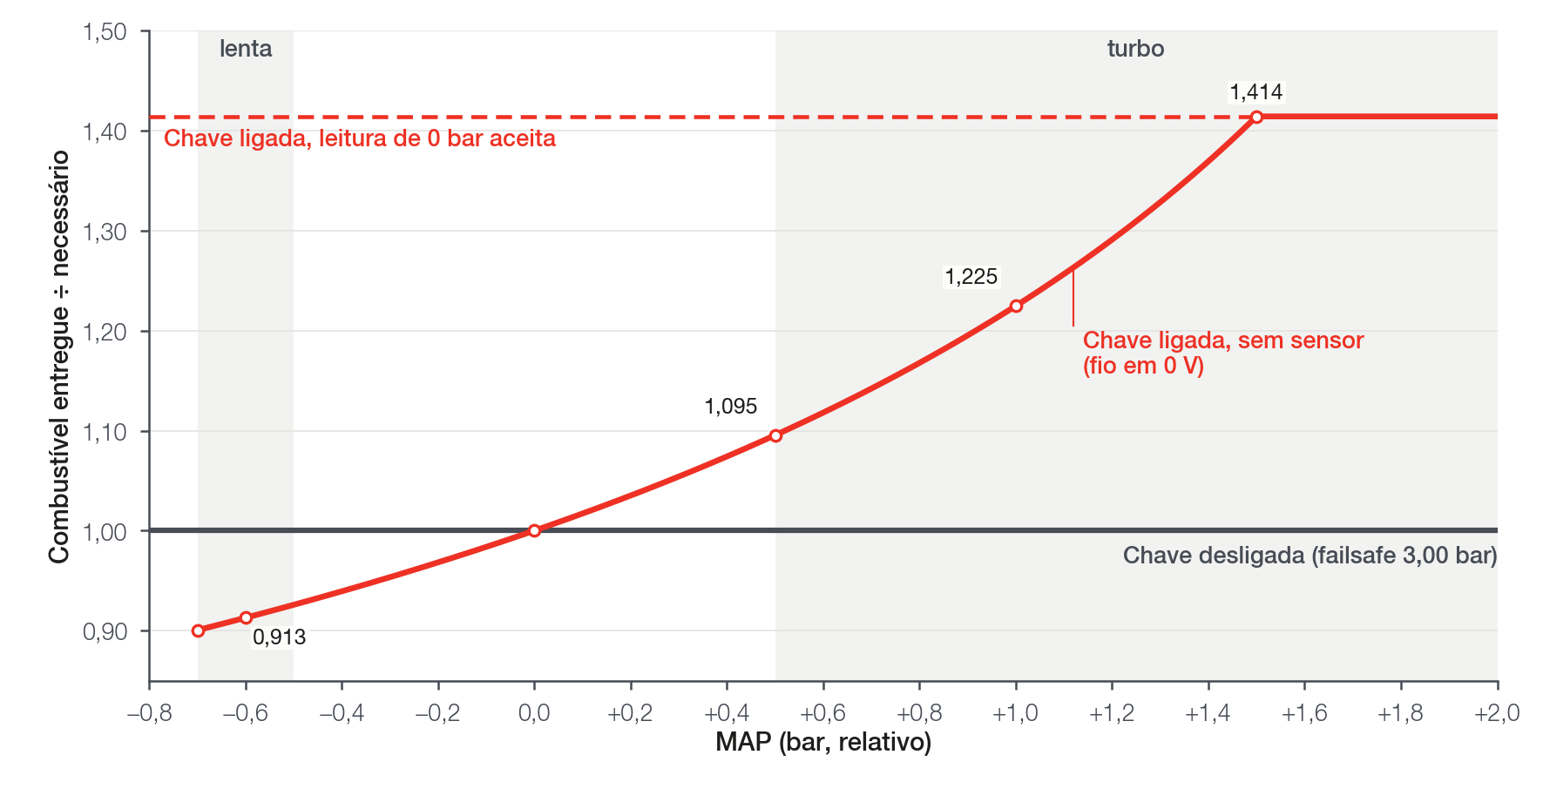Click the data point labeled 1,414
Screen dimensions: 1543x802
tap(1256, 117)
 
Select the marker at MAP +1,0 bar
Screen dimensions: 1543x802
tap(1016, 306)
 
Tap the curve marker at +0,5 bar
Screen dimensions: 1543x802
tap(775, 435)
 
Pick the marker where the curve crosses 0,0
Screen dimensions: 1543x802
tap(534, 530)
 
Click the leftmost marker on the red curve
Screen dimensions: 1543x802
tap(198, 630)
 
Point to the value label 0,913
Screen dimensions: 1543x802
tap(279, 637)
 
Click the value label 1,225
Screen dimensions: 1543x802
tap(971, 277)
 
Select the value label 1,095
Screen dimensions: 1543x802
tap(731, 407)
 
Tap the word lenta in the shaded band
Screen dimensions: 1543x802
tap(246, 49)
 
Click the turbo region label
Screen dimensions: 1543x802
tap(1135, 49)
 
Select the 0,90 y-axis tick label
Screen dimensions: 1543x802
tap(105, 631)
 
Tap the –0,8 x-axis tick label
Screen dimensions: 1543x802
tap(150, 713)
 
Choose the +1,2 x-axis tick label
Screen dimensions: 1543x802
tap(1112, 713)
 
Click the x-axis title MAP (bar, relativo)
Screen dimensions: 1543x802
tap(823, 742)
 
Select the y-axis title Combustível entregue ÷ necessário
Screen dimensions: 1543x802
tap(59, 357)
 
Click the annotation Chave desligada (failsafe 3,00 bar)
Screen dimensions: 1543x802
tap(1310, 556)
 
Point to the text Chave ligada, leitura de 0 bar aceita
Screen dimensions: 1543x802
tap(360, 138)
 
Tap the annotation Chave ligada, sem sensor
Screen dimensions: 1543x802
tap(1223, 340)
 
